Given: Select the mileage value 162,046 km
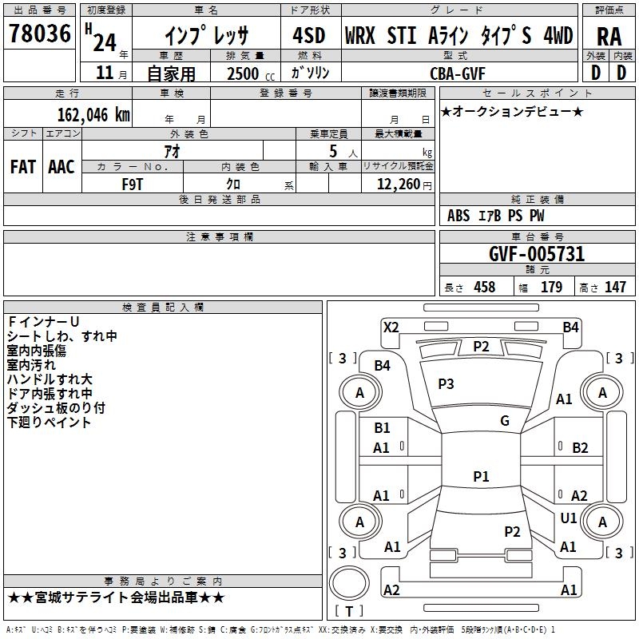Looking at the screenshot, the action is (89, 114).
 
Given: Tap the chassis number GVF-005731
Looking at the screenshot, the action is (536, 254).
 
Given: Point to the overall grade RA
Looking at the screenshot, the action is (609, 36).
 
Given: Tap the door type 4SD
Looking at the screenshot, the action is (309, 36).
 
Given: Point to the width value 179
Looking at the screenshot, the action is (551, 288).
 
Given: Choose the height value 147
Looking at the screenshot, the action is (614, 288).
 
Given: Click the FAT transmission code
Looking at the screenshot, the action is (22, 167).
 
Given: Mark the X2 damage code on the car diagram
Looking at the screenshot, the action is (391, 327).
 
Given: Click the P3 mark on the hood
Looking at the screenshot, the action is (446, 384).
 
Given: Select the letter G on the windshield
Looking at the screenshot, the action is (505, 421).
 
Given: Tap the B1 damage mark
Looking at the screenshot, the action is (383, 428).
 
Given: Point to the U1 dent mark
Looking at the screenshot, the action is (568, 518).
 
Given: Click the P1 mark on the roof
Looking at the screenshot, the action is (480, 476).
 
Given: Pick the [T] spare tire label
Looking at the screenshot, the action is (348, 611).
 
